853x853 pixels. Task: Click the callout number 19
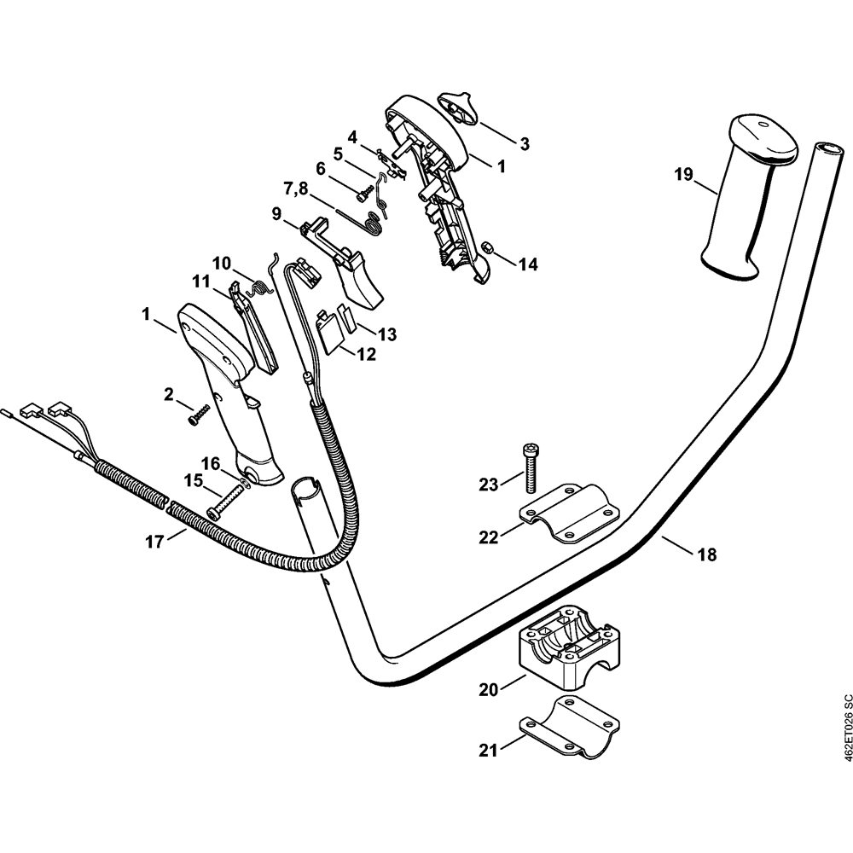[683, 176]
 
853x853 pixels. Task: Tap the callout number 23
[487, 485]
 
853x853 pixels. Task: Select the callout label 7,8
[297, 187]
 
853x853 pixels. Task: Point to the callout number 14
[528, 264]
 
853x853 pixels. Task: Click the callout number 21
[487, 751]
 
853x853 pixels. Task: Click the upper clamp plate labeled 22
[566, 512]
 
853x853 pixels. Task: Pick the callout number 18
[706, 554]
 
